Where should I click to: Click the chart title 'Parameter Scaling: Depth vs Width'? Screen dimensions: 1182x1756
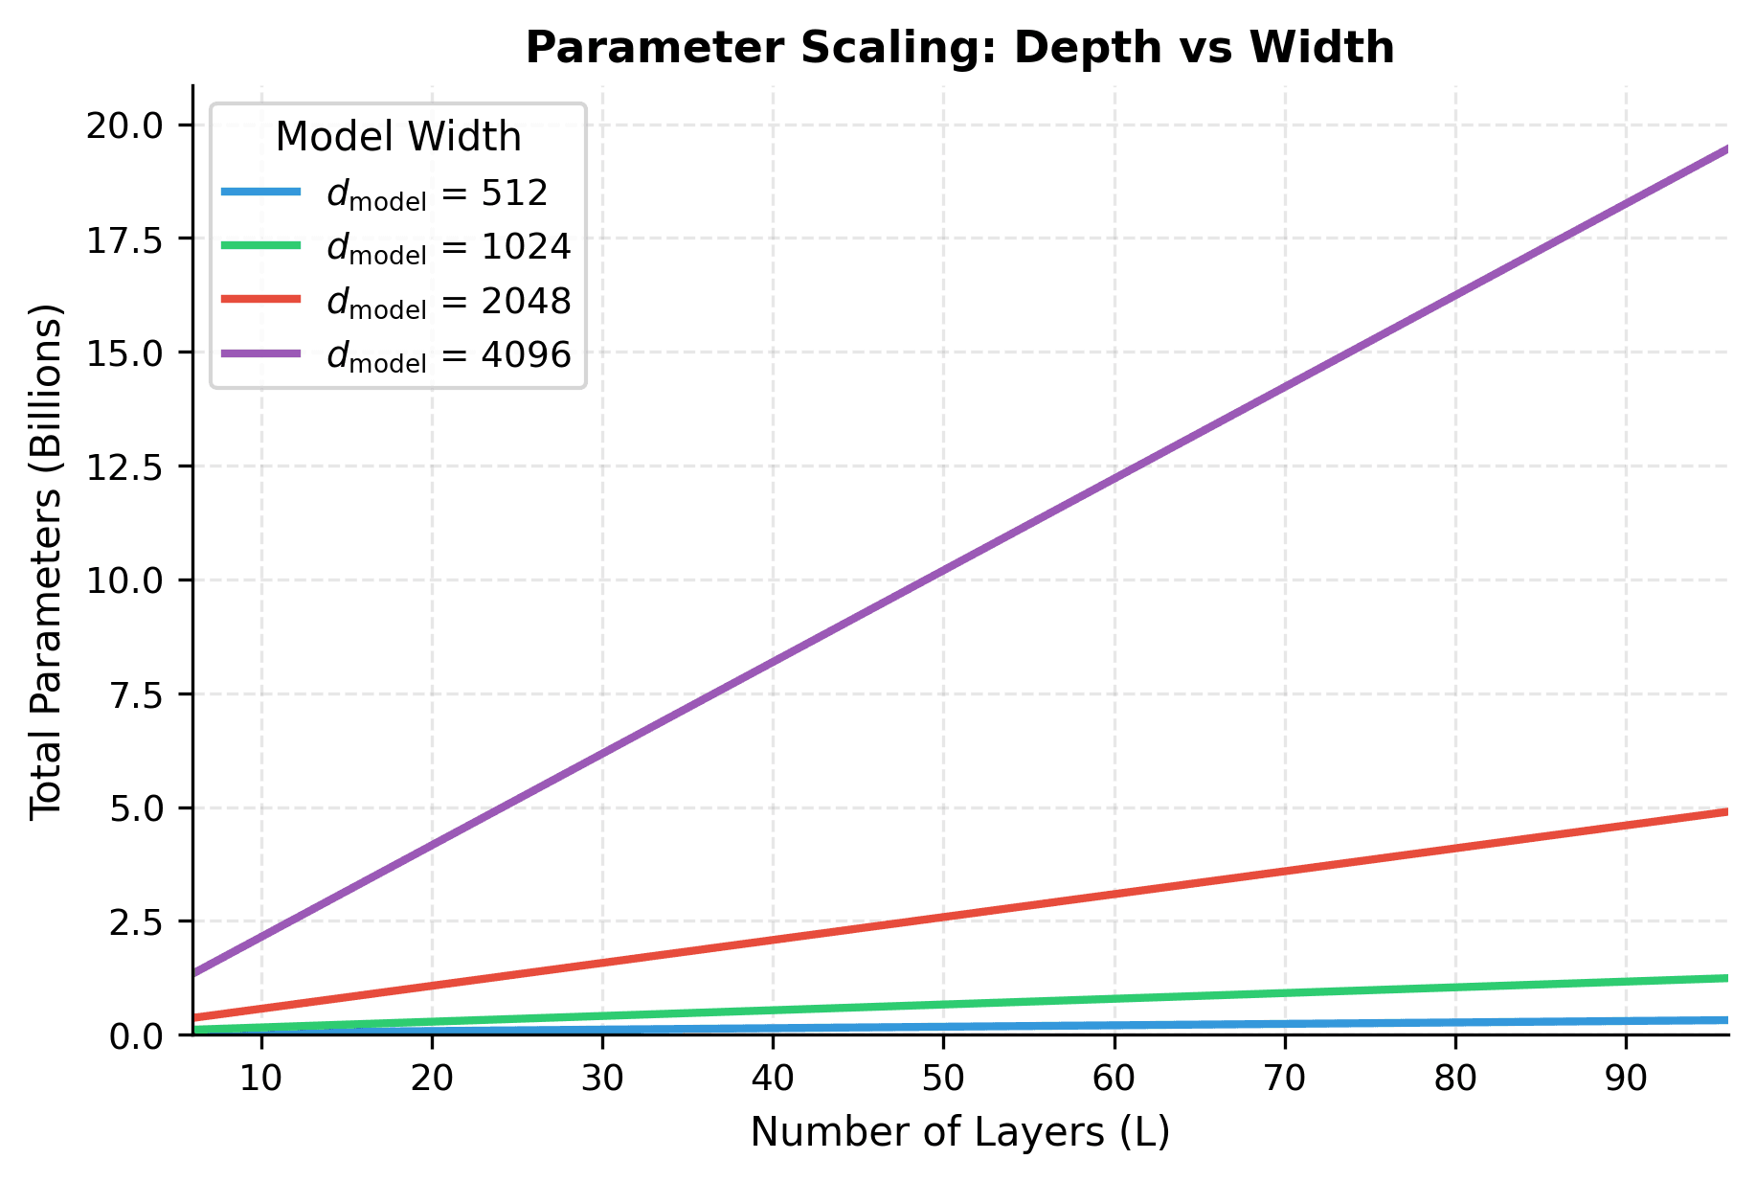pos(959,48)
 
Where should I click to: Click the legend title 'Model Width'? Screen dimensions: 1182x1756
pos(398,137)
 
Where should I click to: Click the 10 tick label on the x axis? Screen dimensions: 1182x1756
pos(260,1080)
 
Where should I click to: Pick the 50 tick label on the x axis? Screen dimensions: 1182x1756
pos(943,1080)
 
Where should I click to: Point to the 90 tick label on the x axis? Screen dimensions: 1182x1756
pos(1626,1080)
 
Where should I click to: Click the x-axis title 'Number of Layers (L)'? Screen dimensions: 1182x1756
pos(959,1132)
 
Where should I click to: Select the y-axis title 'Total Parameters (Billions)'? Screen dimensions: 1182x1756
pos(46,561)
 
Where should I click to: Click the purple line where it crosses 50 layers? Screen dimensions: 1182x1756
pos(943,573)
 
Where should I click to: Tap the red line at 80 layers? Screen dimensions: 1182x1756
pos(1455,848)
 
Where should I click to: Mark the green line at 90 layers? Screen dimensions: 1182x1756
pos(1626,982)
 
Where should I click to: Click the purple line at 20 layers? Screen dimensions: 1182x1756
pos(432,844)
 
